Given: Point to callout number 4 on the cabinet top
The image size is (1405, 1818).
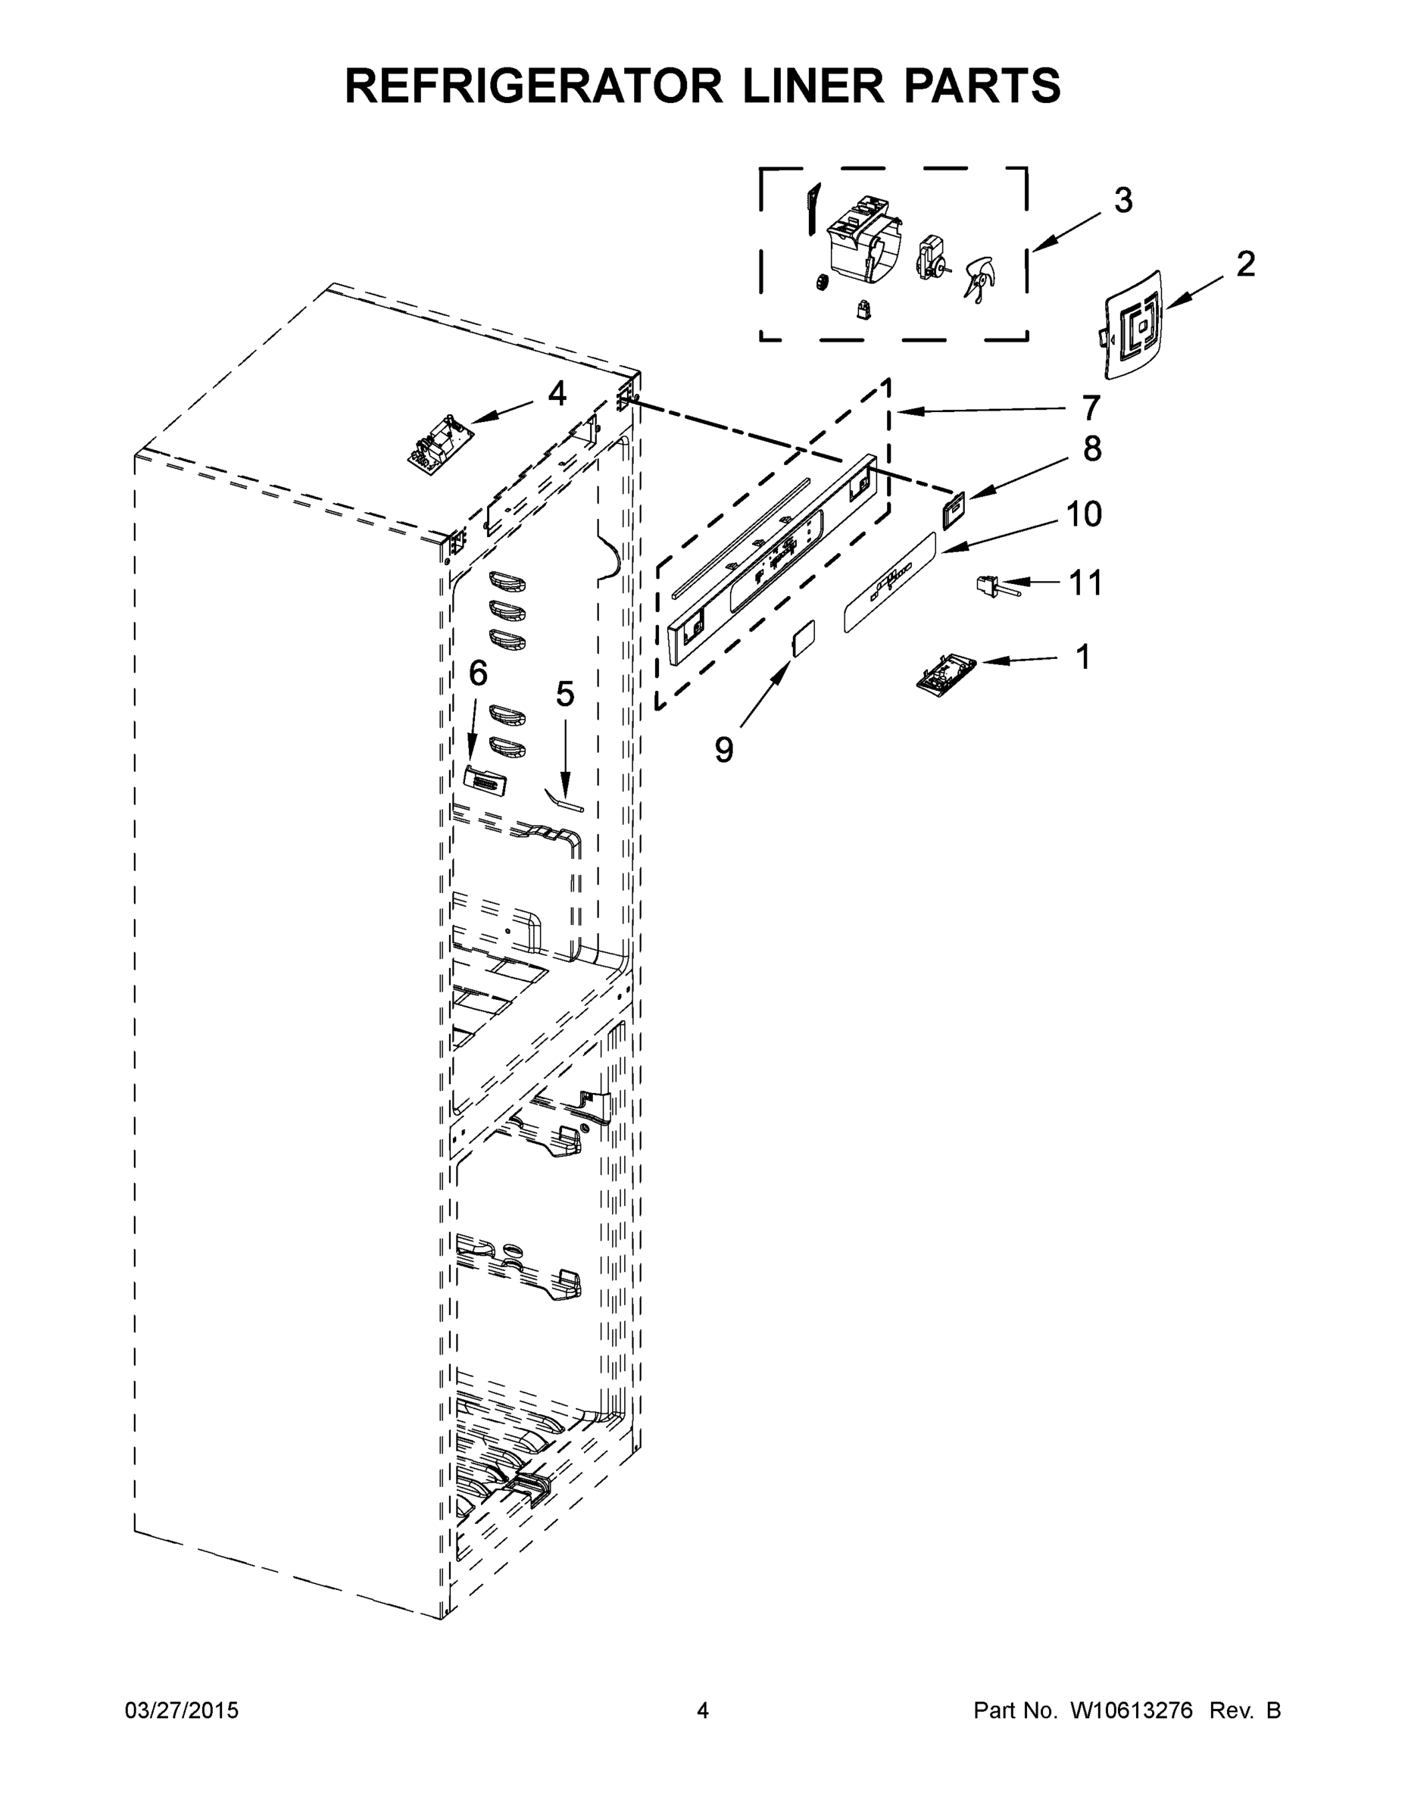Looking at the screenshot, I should [x=557, y=394].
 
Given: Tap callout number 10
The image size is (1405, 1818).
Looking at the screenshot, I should [x=1084, y=514].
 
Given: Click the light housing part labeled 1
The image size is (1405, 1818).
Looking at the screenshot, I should [x=945, y=670].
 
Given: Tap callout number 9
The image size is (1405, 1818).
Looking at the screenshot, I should [x=724, y=750].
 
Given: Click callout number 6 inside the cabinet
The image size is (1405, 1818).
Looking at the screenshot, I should [x=478, y=673].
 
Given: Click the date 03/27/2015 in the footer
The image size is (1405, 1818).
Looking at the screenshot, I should [x=182, y=1710].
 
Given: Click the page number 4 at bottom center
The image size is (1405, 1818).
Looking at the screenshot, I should [x=703, y=1710].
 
